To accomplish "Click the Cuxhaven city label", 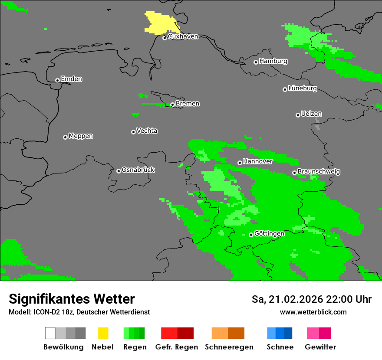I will click(183, 36).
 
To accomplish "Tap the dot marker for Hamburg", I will click(256, 62).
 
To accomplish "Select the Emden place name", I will click(71, 79).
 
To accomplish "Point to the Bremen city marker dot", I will click(172, 105).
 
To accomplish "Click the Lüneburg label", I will click(302, 88).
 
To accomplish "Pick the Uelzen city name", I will click(311, 114).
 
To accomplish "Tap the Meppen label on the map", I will click(81, 136).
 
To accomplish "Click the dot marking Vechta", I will click(133, 132).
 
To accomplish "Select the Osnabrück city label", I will click(138, 170).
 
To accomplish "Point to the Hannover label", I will click(257, 161).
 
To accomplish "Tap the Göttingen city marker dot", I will click(251, 235).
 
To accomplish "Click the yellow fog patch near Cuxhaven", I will click(160, 23).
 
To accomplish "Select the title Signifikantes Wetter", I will click(72, 299).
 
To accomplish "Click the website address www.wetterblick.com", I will click(313, 312).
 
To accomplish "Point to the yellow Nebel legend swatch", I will click(103, 333).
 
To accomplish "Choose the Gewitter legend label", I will click(320, 347).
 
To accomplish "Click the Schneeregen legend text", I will click(229, 347).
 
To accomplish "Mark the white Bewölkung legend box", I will click(50, 333).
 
